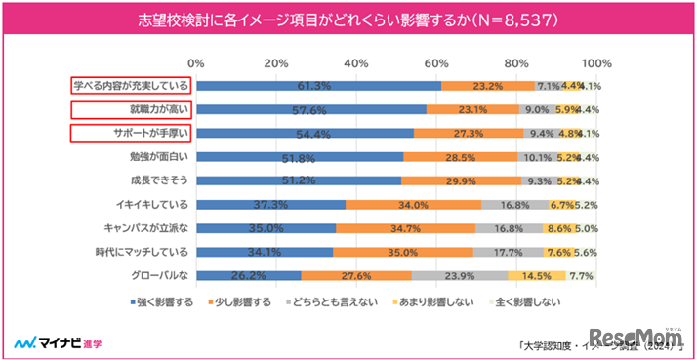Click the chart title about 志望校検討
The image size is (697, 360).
coord(348,19)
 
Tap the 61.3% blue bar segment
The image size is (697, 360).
coord(318,85)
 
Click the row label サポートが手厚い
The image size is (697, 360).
coord(144,133)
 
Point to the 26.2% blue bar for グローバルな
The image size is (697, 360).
coord(248,276)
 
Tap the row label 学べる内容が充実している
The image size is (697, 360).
coord(130,85)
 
